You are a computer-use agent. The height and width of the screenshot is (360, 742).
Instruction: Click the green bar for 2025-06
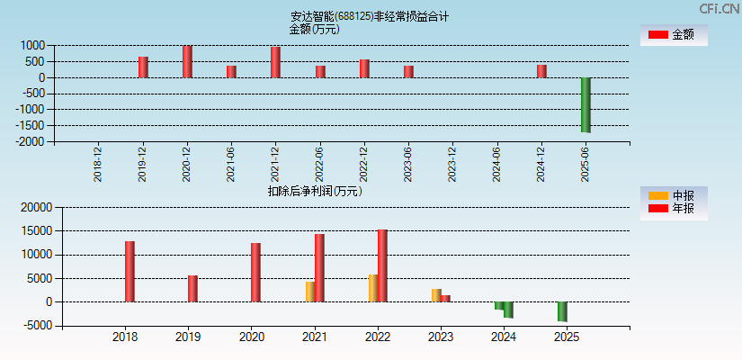coord(586,104)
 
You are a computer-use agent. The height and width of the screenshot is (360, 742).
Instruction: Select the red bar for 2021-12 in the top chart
coord(275,62)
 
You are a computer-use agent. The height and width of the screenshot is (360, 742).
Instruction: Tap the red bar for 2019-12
coord(143,67)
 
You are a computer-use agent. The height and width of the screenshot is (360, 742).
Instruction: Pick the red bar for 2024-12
coord(541,71)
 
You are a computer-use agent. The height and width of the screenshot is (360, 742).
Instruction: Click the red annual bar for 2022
coord(382,265)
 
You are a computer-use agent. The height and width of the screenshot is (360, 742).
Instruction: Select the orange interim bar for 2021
coord(310,292)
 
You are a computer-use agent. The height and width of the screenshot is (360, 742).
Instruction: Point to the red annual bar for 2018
coord(130,271)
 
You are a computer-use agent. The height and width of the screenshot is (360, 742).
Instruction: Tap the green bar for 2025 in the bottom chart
coord(562,311)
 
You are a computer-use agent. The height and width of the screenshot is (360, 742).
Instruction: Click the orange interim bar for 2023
coord(436,295)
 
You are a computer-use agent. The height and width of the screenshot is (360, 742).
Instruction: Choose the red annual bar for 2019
coord(192,288)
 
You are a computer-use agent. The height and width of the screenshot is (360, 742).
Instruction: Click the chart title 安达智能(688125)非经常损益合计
coord(370,16)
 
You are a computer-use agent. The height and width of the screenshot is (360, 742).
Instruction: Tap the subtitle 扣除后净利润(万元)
coord(314,191)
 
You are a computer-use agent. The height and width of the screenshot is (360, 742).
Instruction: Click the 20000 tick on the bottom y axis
coord(34,207)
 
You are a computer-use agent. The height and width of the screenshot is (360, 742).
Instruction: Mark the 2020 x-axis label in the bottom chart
coord(252,337)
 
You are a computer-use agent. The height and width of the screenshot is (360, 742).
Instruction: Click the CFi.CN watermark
coord(719,8)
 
